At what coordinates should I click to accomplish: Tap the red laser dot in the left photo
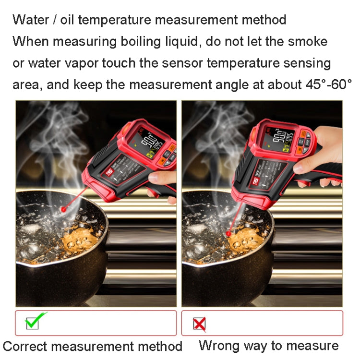point(63,210)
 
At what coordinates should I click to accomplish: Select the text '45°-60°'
point(328,84)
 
